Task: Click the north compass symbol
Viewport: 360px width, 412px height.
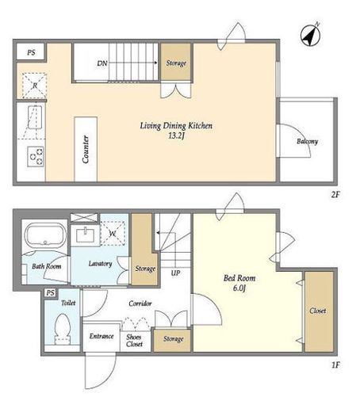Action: [311, 35]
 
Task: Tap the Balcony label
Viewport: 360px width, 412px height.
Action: [307, 142]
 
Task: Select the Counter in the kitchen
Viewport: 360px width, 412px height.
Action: [86, 149]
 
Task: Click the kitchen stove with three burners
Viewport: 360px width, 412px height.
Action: [36, 156]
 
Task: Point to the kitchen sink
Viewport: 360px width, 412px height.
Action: [35, 117]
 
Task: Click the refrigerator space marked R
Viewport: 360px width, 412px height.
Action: [34, 86]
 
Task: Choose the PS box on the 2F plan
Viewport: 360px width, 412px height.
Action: [31, 52]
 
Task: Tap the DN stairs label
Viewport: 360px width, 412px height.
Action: [102, 63]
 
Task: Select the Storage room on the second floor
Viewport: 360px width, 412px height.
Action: [176, 62]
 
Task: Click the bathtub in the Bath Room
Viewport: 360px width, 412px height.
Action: [45, 235]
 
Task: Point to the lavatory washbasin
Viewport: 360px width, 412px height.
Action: [85, 235]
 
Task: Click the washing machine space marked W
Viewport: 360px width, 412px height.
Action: [113, 234]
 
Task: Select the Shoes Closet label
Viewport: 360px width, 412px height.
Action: [134, 341]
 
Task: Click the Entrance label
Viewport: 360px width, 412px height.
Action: [101, 336]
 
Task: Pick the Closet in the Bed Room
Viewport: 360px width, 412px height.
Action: [319, 311]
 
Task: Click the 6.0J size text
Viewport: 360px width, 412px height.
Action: [239, 288]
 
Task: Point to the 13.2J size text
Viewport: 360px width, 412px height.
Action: [176, 135]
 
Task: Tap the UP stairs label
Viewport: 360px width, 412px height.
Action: [175, 273]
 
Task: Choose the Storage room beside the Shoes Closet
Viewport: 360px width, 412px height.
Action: [172, 341]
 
